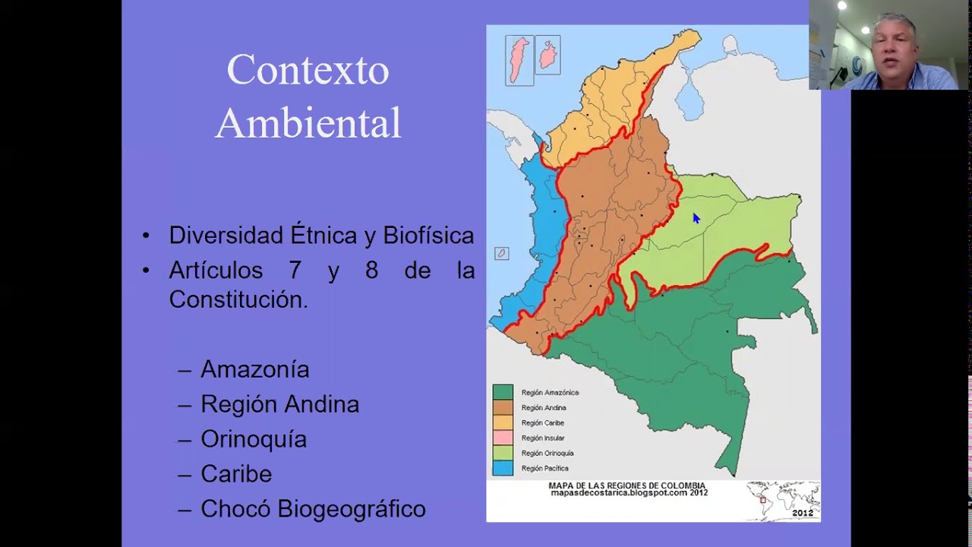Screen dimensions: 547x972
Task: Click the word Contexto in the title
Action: pos(308,71)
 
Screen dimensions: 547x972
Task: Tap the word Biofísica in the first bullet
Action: pos(428,236)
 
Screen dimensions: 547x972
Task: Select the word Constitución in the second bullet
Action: pos(238,300)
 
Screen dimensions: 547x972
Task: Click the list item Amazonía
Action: pos(254,369)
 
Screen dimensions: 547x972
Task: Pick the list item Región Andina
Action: pos(279,404)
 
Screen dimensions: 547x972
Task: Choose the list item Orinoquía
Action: pos(254,439)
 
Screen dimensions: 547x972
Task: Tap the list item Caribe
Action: pos(235,474)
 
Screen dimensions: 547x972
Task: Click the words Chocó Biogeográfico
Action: pos(313,509)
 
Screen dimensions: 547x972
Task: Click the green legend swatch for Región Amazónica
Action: pos(503,393)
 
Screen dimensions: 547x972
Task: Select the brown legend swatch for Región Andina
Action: pos(503,408)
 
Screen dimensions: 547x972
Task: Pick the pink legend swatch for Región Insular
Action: pos(503,438)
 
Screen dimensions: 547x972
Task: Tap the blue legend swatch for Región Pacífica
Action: pos(503,468)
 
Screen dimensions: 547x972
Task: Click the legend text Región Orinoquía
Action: pos(548,454)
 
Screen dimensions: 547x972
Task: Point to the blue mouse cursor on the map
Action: pos(696,219)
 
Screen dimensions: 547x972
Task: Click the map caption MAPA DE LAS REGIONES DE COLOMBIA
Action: pos(627,486)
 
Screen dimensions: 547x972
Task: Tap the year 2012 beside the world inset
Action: pos(803,513)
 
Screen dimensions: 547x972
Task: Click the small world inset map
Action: pos(782,498)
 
